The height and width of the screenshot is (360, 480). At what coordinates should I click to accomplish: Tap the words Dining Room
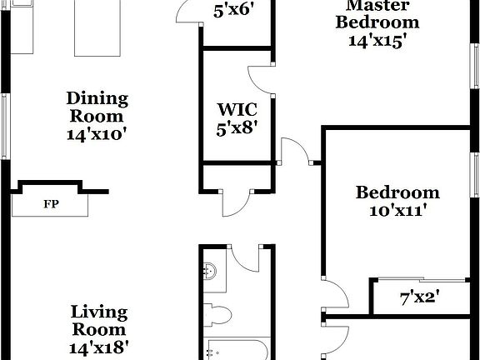(x=97, y=107)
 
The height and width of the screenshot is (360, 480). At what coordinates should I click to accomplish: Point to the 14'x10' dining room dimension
(x=97, y=133)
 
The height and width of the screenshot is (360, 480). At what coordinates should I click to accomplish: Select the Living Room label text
(x=98, y=322)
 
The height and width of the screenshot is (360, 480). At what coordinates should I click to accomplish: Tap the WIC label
(x=237, y=109)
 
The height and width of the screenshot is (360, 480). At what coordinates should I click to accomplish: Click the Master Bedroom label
(x=377, y=13)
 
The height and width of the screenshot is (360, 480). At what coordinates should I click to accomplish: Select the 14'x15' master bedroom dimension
(x=377, y=41)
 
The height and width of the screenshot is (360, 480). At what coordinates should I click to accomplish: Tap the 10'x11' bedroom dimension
(x=398, y=211)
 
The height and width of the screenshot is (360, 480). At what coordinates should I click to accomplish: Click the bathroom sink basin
(x=211, y=271)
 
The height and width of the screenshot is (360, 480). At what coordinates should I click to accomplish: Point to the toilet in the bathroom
(x=218, y=315)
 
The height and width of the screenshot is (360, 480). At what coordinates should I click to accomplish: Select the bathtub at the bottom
(x=235, y=350)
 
